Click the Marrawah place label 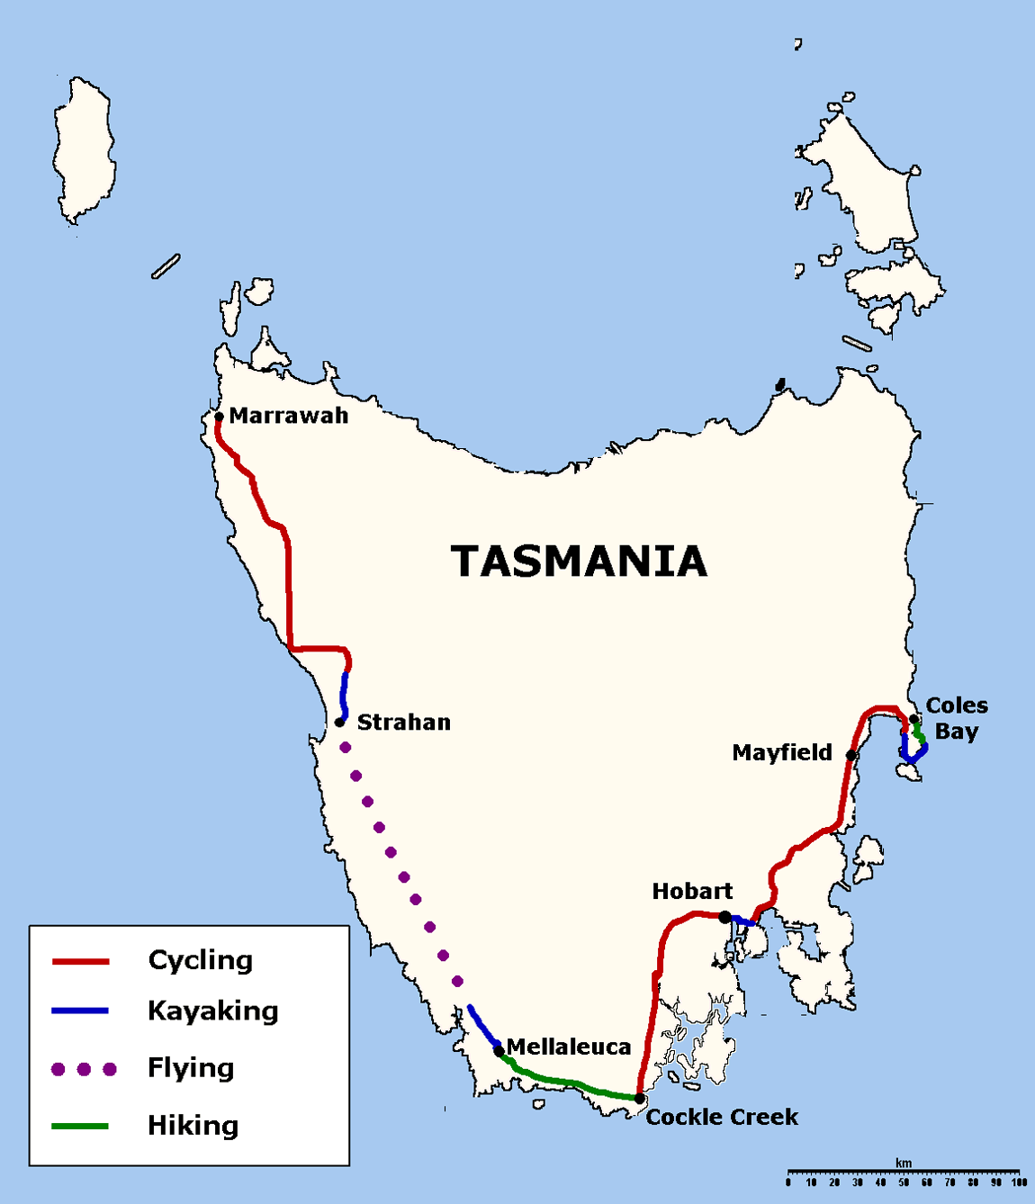[288, 416]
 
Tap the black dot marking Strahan [339, 723]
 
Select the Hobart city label [692, 892]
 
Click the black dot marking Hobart [724, 917]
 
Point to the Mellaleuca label [569, 1047]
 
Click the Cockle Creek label [722, 1117]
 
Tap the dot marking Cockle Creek [639, 1099]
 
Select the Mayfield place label [781, 753]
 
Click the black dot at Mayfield [850, 755]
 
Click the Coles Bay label [956, 718]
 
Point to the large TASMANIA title [579, 562]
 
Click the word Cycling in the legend [200, 960]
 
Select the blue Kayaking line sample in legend [80, 1011]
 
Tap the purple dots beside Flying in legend [84, 1069]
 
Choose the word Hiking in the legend [193, 1126]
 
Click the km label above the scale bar [904, 1164]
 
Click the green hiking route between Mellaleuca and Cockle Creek [567, 1083]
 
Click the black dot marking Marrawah [219, 417]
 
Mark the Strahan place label [403, 723]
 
